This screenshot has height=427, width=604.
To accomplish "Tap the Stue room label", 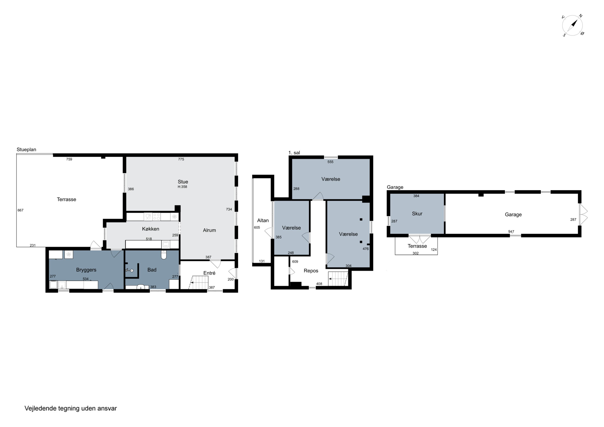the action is (x=183, y=182).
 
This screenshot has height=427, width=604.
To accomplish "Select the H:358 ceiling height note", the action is (x=182, y=187).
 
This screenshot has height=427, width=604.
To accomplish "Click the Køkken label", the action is (x=150, y=229).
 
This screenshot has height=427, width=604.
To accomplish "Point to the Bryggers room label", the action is (x=86, y=270).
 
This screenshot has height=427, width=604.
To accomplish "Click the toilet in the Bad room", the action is (x=164, y=255).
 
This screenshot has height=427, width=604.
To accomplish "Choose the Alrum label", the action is (x=209, y=230).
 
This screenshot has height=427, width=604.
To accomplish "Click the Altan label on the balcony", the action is (x=263, y=220).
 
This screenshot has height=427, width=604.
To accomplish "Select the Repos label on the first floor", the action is (x=311, y=271).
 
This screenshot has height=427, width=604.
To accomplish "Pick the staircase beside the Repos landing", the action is (x=338, y=279).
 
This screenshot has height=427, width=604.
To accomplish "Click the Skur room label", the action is (x=417, y=214).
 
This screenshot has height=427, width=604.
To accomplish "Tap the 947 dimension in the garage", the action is (x=511, y=232).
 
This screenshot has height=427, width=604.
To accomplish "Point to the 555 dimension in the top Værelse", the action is (x=330, y=162).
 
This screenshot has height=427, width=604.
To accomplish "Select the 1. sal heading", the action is (x=294, y=153).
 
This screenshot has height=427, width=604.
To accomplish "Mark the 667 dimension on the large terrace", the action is (x=20, y=210).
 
